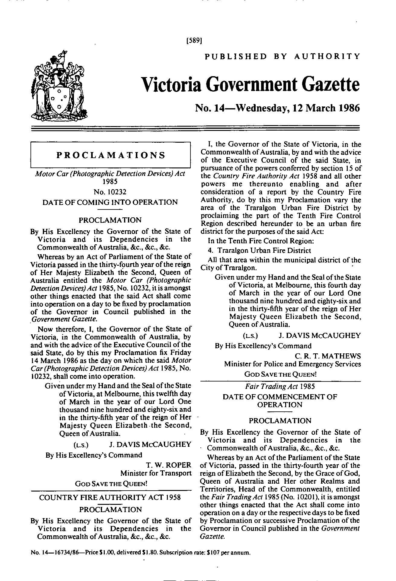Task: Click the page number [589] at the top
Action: (194, 40)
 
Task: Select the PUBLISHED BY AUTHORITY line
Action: (282, 56)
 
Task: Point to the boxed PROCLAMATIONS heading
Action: (111, 155)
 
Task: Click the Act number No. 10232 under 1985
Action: (110, 192)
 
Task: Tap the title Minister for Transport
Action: (156, 473)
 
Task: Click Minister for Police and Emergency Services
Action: (292, 364)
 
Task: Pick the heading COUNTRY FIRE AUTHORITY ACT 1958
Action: (110, 497)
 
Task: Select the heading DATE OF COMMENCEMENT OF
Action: (280, 397)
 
